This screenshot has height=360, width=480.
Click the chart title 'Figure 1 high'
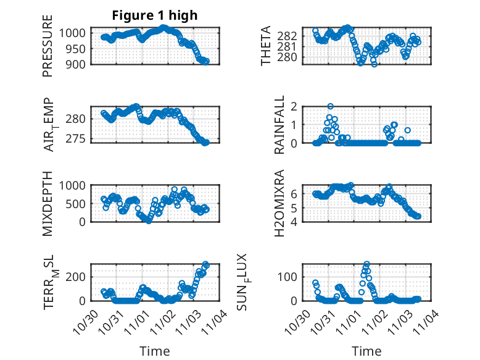click(155, 16)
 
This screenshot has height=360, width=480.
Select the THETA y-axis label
click(266, 46)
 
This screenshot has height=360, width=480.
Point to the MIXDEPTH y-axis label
click(48, 203)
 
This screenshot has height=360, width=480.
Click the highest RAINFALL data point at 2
click(330, 106)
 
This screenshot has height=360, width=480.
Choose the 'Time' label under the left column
click(155, 351)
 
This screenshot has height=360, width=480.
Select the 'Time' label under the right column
click(366, 351)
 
